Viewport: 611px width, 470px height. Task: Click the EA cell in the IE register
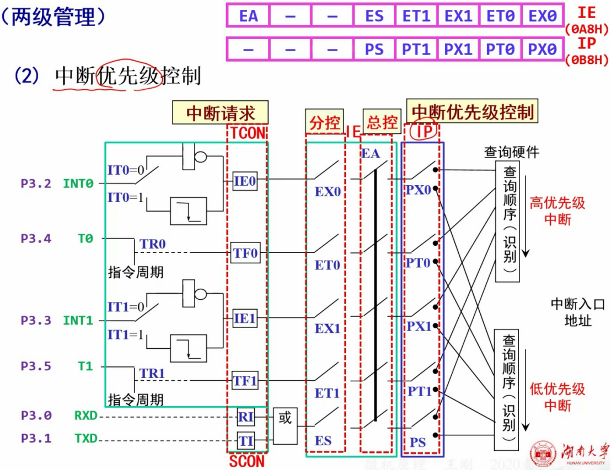248,15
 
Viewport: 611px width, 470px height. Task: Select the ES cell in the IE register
374,15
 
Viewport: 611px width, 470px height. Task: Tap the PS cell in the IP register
374,49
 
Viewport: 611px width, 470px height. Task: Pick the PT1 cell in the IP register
416,49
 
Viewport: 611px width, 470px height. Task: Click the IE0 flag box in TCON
245,180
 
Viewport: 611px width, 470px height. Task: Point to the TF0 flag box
245,253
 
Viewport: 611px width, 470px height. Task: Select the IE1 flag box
245,318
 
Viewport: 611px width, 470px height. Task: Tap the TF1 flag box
245,381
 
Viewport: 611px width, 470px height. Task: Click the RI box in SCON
245,417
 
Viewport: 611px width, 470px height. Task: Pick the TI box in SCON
245,441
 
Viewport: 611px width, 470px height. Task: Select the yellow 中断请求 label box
220,113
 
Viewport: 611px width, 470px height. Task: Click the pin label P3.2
36,183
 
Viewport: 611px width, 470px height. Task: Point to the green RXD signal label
85,415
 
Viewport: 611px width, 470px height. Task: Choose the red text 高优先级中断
557,211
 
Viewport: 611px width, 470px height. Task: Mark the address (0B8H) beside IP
587,59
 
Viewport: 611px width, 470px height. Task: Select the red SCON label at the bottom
246,461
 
